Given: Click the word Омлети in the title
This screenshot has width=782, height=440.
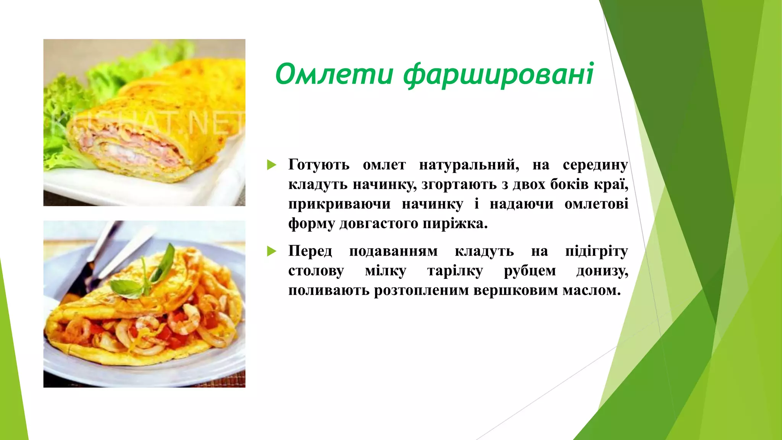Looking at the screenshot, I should pyautogui.click(x=334, y=74).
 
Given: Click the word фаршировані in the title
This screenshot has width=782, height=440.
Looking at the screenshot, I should pyautogui.click(x=498, y=75).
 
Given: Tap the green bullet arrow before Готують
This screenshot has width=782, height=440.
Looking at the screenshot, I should pyautogui.click(x=271, y=165).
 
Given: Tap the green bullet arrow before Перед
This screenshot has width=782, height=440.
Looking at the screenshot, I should pyautogui.click(x=271, y=251).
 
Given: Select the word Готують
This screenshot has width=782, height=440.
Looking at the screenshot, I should pyautogui.click(x=319, y=165).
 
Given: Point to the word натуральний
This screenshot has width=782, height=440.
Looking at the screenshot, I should pyautogui.click(x=469, y=165).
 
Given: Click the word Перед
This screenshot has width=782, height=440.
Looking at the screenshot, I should pyautogui.click(x=310, y=251).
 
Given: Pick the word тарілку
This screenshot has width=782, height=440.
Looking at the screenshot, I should pyautogui.click(x=455, y=271).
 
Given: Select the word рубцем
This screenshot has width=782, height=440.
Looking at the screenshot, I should pyautogui.click(x=530, y=271).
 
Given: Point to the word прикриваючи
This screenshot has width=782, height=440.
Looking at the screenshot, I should pyautogui.click(x=339, y=204).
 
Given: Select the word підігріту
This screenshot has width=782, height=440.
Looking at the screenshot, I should pyautogui.click(x=596, y=251).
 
